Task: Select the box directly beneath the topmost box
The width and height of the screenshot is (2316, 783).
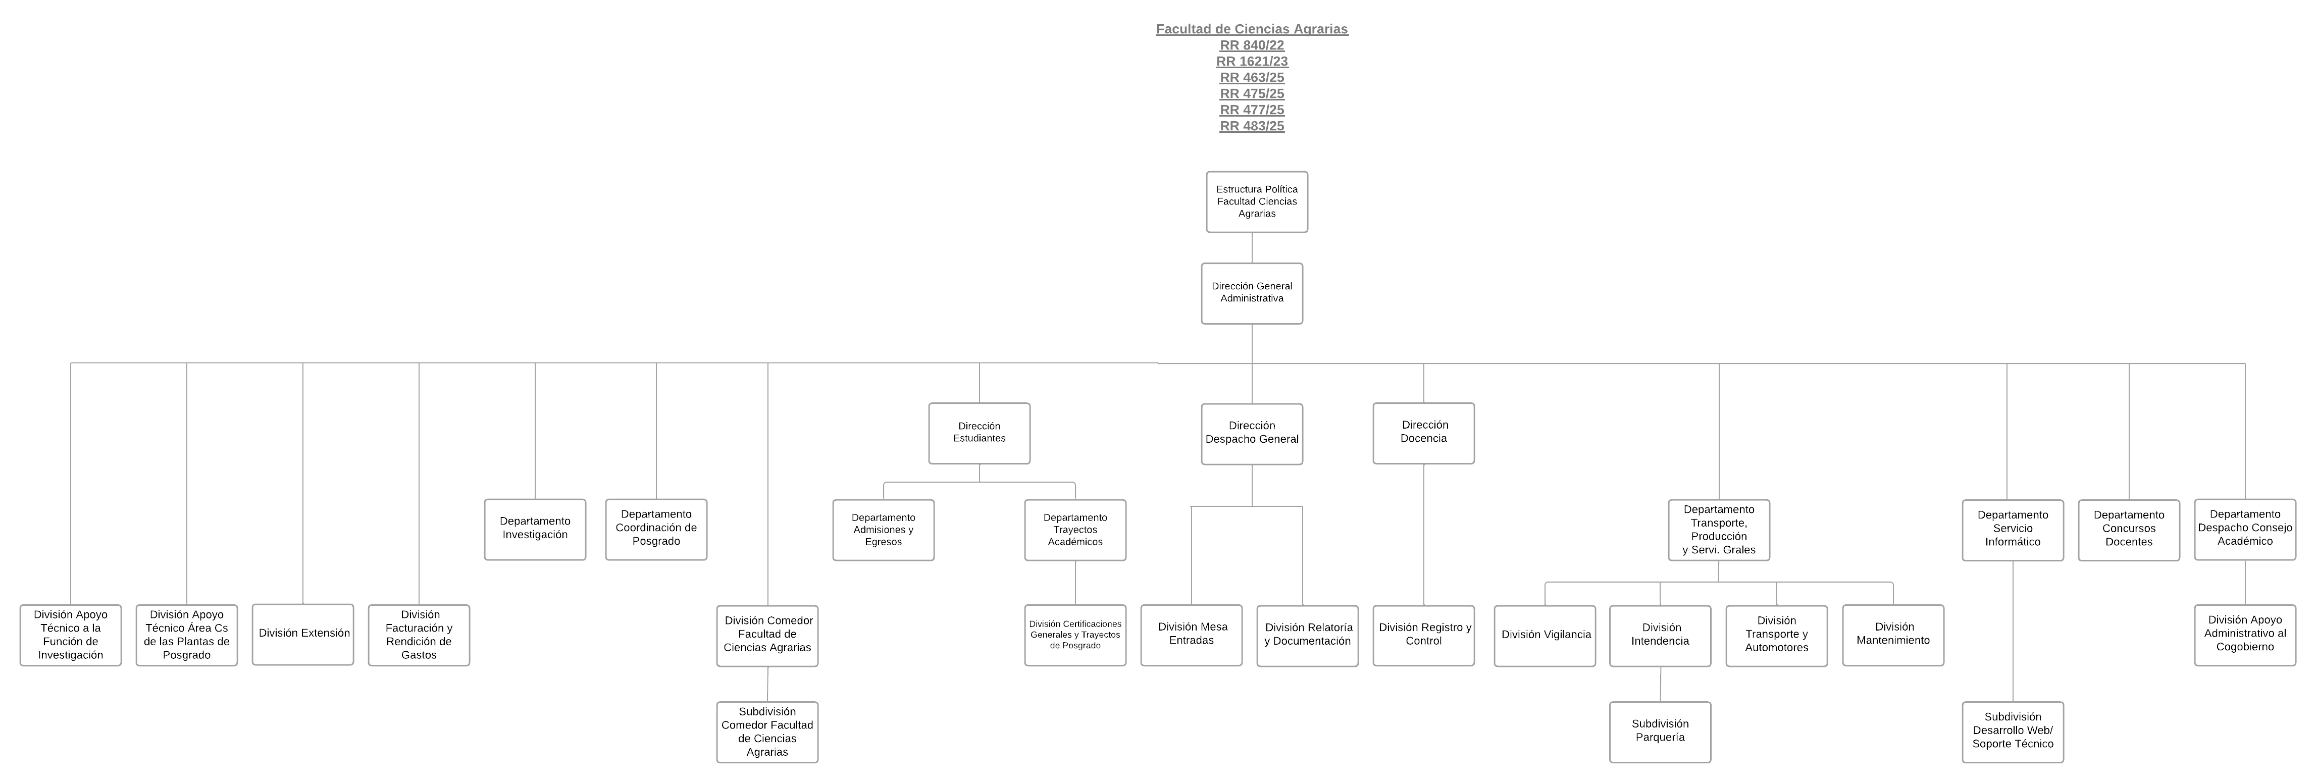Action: pos(1252,294)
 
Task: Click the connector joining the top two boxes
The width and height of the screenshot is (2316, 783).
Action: pos(1252,248)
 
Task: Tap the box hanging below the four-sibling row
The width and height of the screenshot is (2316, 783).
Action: pos(1660,733)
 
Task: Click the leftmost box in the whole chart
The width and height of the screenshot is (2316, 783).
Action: pos(70,636)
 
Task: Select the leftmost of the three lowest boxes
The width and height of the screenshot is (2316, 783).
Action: pos(767,733)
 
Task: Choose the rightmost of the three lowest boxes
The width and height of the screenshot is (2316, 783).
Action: pos(2012,733)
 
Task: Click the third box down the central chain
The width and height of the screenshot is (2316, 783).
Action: pos(1252,434)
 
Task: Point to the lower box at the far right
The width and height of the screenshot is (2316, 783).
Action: pos(2244,636)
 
